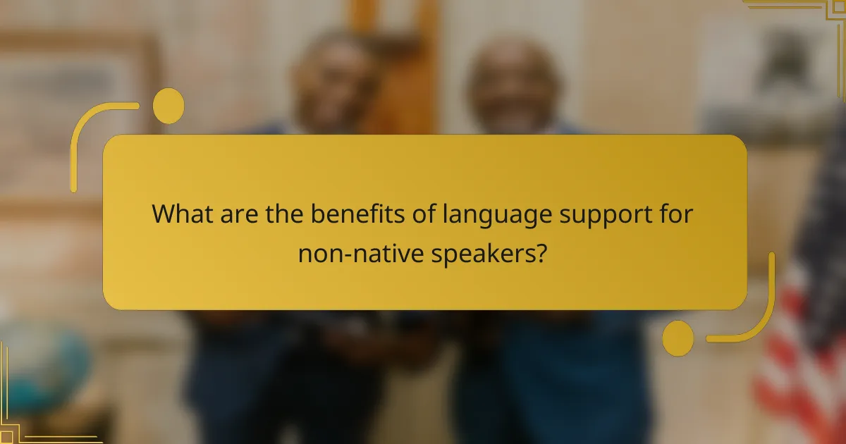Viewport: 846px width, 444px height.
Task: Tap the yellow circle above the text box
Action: click(168, 106)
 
